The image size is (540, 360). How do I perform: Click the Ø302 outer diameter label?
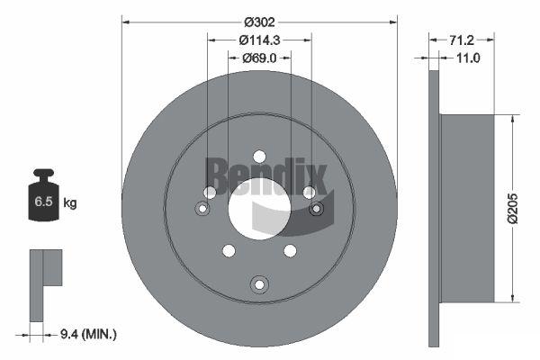[259, 22]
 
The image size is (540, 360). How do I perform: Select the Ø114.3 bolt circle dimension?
[260, 40]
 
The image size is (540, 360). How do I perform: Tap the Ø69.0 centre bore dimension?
[259, 58]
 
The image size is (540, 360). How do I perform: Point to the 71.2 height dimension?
[462, 40]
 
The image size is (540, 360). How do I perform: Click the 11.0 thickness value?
[468, 58]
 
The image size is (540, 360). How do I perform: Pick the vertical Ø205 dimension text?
[512, 209]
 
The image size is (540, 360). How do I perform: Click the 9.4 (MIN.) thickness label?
[88, 334]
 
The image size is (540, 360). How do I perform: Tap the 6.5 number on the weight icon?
[43, 202]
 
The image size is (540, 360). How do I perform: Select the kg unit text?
[70, 202]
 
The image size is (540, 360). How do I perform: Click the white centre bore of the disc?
[260, 209]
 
